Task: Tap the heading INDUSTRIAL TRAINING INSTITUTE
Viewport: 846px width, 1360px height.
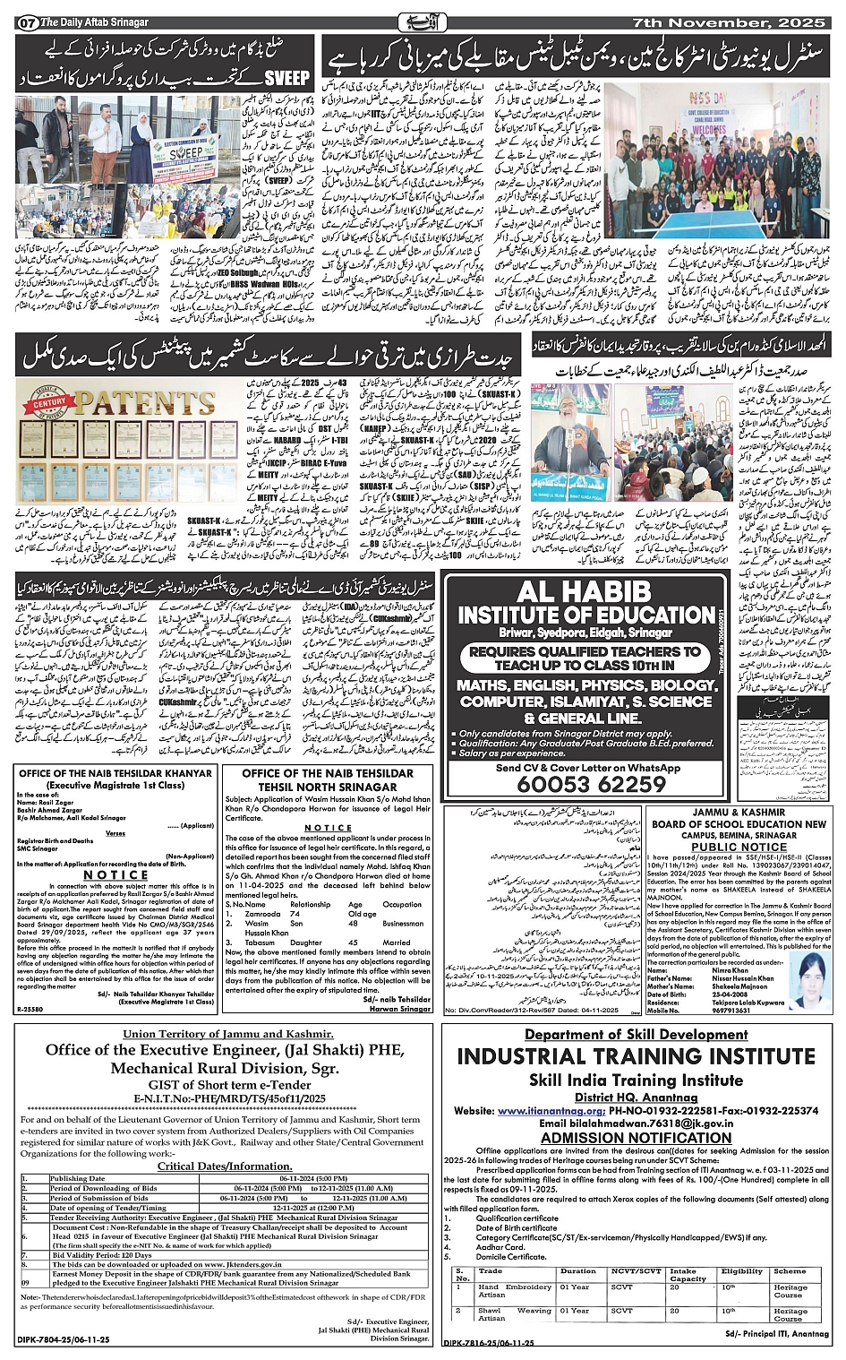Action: point(637,1056)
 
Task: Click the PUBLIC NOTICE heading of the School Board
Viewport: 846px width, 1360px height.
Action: point(739,847)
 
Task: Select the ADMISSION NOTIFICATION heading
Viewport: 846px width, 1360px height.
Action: point(637,1138)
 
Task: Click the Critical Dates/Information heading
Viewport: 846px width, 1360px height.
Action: point(225,1166)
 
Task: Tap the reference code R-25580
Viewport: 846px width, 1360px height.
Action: point(32,1009)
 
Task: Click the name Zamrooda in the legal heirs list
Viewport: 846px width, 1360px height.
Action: point(261,914)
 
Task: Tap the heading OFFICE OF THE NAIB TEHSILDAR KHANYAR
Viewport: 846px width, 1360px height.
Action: point(115,773)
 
